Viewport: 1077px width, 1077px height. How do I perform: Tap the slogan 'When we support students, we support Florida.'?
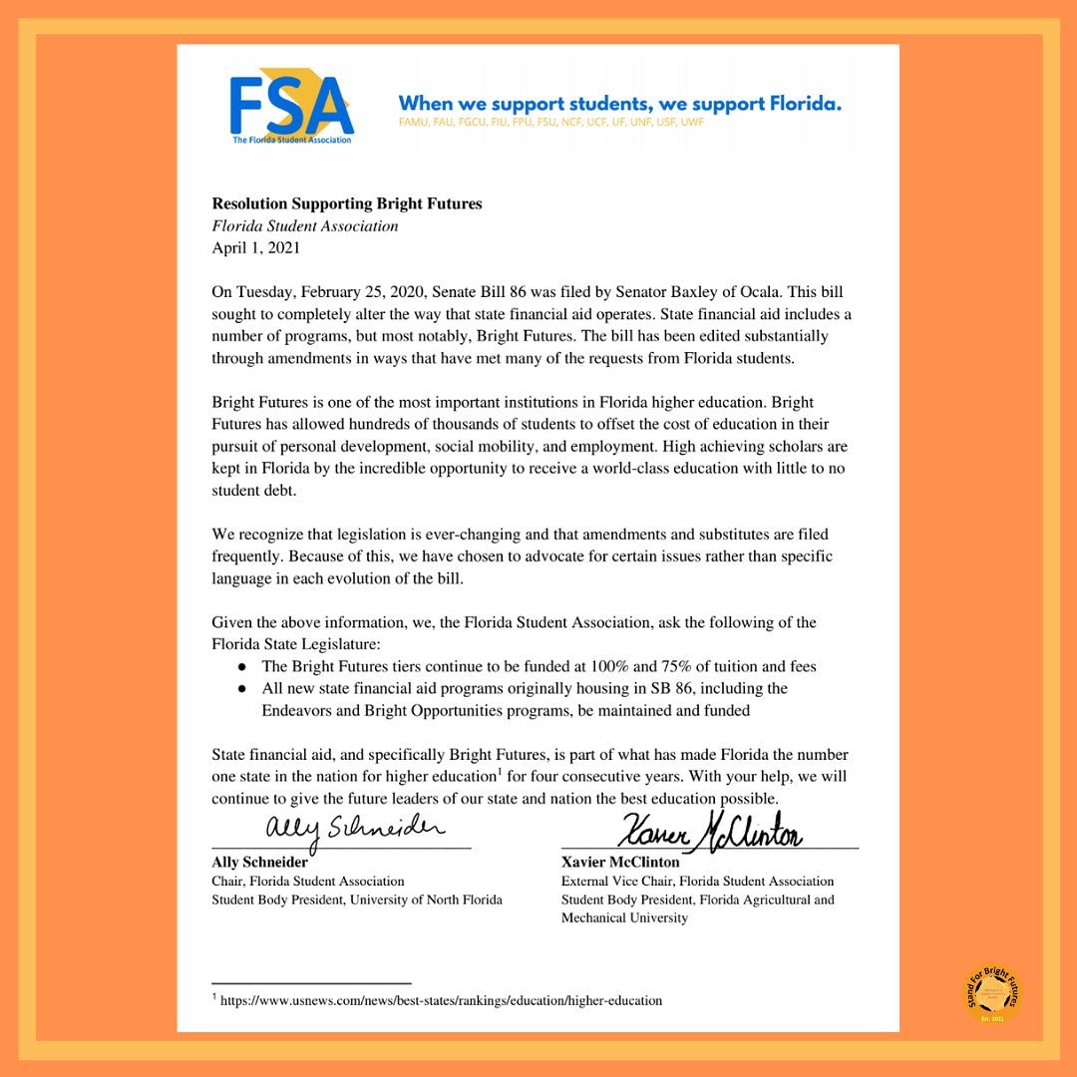coord(619,104)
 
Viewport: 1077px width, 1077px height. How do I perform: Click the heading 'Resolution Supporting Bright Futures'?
coord(346,203)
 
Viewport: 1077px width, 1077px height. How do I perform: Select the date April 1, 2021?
coord(255,248)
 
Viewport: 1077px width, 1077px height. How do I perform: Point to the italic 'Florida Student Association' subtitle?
coord(304,226)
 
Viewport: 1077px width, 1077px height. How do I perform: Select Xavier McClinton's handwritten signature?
coord(710,829)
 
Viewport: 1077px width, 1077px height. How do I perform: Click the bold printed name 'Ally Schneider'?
coord(259,862)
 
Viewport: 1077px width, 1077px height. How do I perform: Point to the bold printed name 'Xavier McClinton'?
coord(620,862)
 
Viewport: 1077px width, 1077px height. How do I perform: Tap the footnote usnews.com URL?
coord(441,1000)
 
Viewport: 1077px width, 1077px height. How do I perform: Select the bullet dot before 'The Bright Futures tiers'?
coord(241,666)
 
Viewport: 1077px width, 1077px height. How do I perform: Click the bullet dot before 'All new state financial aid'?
coord(241,689)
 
